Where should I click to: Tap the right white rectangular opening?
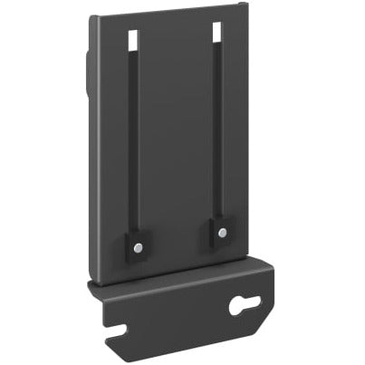click(x=217, y=32)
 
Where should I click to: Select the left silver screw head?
click(x=137, y=247)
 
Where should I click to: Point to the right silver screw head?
click(x=222, y=233)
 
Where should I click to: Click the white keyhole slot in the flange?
click(x=244, y=305)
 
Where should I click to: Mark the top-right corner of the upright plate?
click(x=246, y=5)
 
